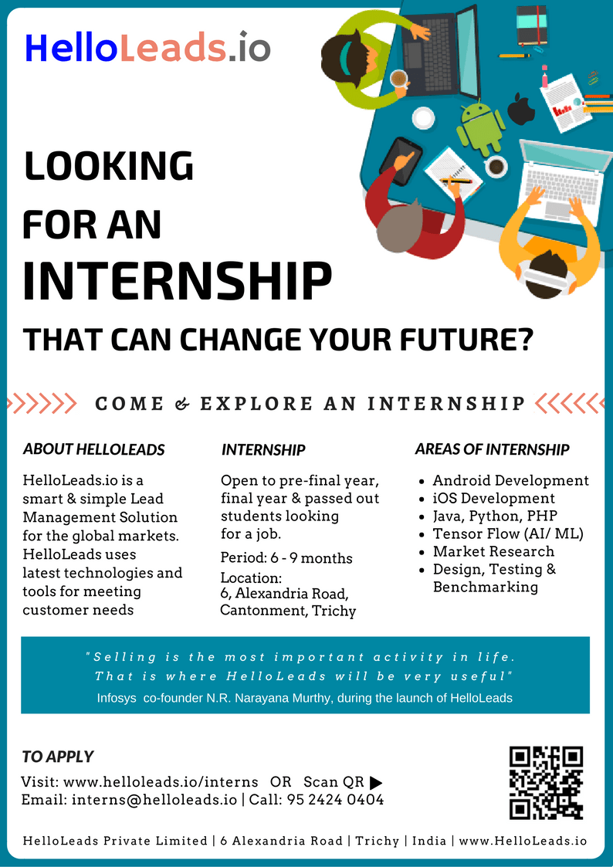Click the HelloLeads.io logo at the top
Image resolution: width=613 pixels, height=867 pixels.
point(147,47)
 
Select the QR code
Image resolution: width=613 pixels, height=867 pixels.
point(546,782)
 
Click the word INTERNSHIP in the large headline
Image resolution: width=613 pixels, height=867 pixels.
point(177,280)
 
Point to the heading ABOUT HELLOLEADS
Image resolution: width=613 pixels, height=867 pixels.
point(93,449)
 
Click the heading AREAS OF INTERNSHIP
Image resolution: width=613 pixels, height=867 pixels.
point(492,449)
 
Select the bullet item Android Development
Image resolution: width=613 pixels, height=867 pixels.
point(511,480)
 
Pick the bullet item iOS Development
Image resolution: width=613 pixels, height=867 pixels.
point(493,498)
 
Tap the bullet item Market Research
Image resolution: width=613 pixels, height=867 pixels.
point(493,551)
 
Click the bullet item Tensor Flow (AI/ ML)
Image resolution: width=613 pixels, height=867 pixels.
point(508,533)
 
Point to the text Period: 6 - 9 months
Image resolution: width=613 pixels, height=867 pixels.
point(286,558)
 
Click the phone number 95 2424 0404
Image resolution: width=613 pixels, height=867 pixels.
point(336,800)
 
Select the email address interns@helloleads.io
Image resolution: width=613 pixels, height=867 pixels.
point(154,800)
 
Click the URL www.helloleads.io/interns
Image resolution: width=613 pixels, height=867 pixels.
point(161,782)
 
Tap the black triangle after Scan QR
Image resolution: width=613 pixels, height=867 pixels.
point(375,782)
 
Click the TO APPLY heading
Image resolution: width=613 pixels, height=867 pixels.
point(58,757)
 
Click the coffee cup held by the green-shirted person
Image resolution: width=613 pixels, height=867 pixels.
point(398,79)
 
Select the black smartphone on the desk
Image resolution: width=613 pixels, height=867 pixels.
point(401,161)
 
